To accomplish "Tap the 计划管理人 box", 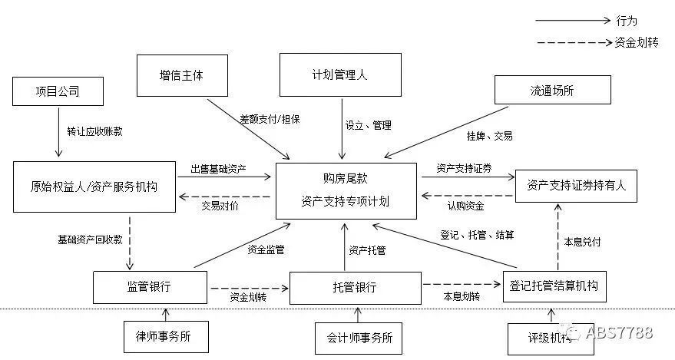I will pos(341,74).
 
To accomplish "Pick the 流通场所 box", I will pos(552,90).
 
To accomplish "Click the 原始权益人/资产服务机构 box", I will pos(94,186).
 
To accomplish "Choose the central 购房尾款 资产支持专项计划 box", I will pos(345,190).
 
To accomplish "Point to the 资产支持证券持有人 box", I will pos(576,185).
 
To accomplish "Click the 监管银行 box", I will pos(149,287).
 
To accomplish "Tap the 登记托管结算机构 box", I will pos(554,286).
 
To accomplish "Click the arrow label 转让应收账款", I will pos(94,131).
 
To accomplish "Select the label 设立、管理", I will pos(368,125).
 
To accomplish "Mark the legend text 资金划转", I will pos(637,43).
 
